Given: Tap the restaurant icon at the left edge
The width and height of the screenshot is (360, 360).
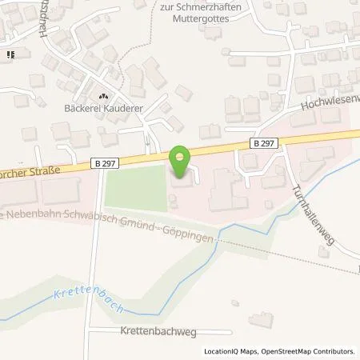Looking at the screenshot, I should (x=10, y=55).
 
